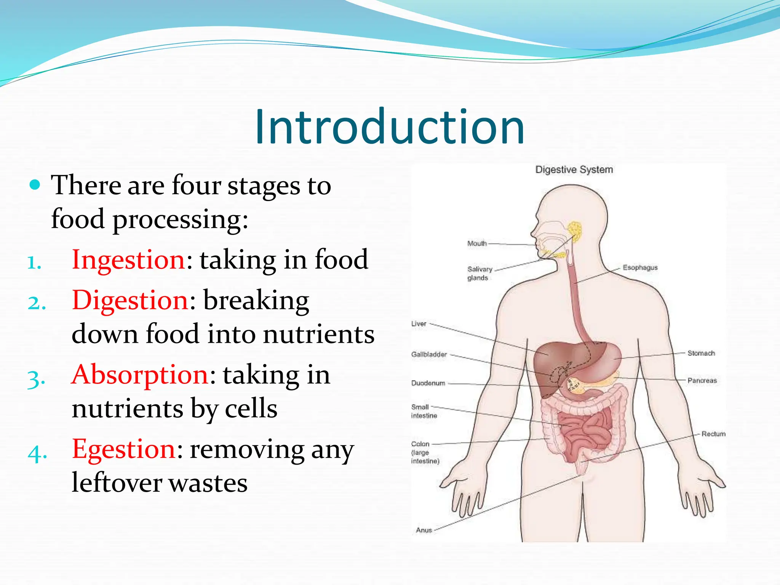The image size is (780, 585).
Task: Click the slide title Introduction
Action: click(x=390, y=127)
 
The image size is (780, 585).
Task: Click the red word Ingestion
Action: click(x=129, y=260)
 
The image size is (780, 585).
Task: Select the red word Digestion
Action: click(x=130, y=300)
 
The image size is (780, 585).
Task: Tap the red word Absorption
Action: click(x=140, y=375)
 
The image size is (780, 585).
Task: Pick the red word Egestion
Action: click(x=124, y=449)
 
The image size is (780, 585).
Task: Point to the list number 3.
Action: click(x=37, y=379)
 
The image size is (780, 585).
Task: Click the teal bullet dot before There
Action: click(x=35, y=185)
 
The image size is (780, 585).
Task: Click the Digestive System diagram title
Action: click(x=574, y=170)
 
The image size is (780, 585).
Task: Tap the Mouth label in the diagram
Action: click(x=477, y=243)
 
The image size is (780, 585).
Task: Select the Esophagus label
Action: click(x=640, y=268)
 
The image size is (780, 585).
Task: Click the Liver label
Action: click(x=419, y=324)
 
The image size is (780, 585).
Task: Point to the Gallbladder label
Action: click(x=429, y=355)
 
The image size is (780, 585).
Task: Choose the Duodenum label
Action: click(x=428, y=383)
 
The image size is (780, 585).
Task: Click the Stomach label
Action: click(x=701, y=353)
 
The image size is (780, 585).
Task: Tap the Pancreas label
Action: click(x=702, y=380)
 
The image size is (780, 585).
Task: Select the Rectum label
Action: click(x=713, y=434)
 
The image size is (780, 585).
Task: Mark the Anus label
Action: click(x=424, y=530)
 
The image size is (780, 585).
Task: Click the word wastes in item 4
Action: click(x=208, y=483)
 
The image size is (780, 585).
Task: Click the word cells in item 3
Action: click(x=251, y=409)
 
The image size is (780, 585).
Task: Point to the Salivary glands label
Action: click(x=480, y=273)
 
